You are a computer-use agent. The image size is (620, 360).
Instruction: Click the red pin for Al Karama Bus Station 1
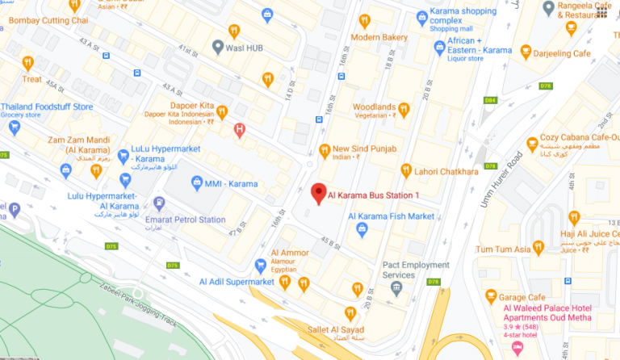point(318,193)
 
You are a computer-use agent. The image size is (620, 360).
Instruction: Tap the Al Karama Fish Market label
point(391,216)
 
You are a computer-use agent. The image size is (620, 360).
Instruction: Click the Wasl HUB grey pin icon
point(217,47)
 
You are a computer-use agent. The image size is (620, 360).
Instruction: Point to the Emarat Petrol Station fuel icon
point(159,203)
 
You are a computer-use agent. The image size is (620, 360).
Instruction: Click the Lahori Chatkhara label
point(446,171)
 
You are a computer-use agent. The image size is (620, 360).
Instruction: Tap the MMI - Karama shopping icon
point(196,184)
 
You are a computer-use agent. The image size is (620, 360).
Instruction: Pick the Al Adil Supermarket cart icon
point(260,266)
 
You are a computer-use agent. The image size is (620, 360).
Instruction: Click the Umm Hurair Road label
point(501,178)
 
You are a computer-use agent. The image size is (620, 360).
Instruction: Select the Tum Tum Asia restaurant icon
point(538,249)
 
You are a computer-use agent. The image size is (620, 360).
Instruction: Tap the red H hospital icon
point(239,129)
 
